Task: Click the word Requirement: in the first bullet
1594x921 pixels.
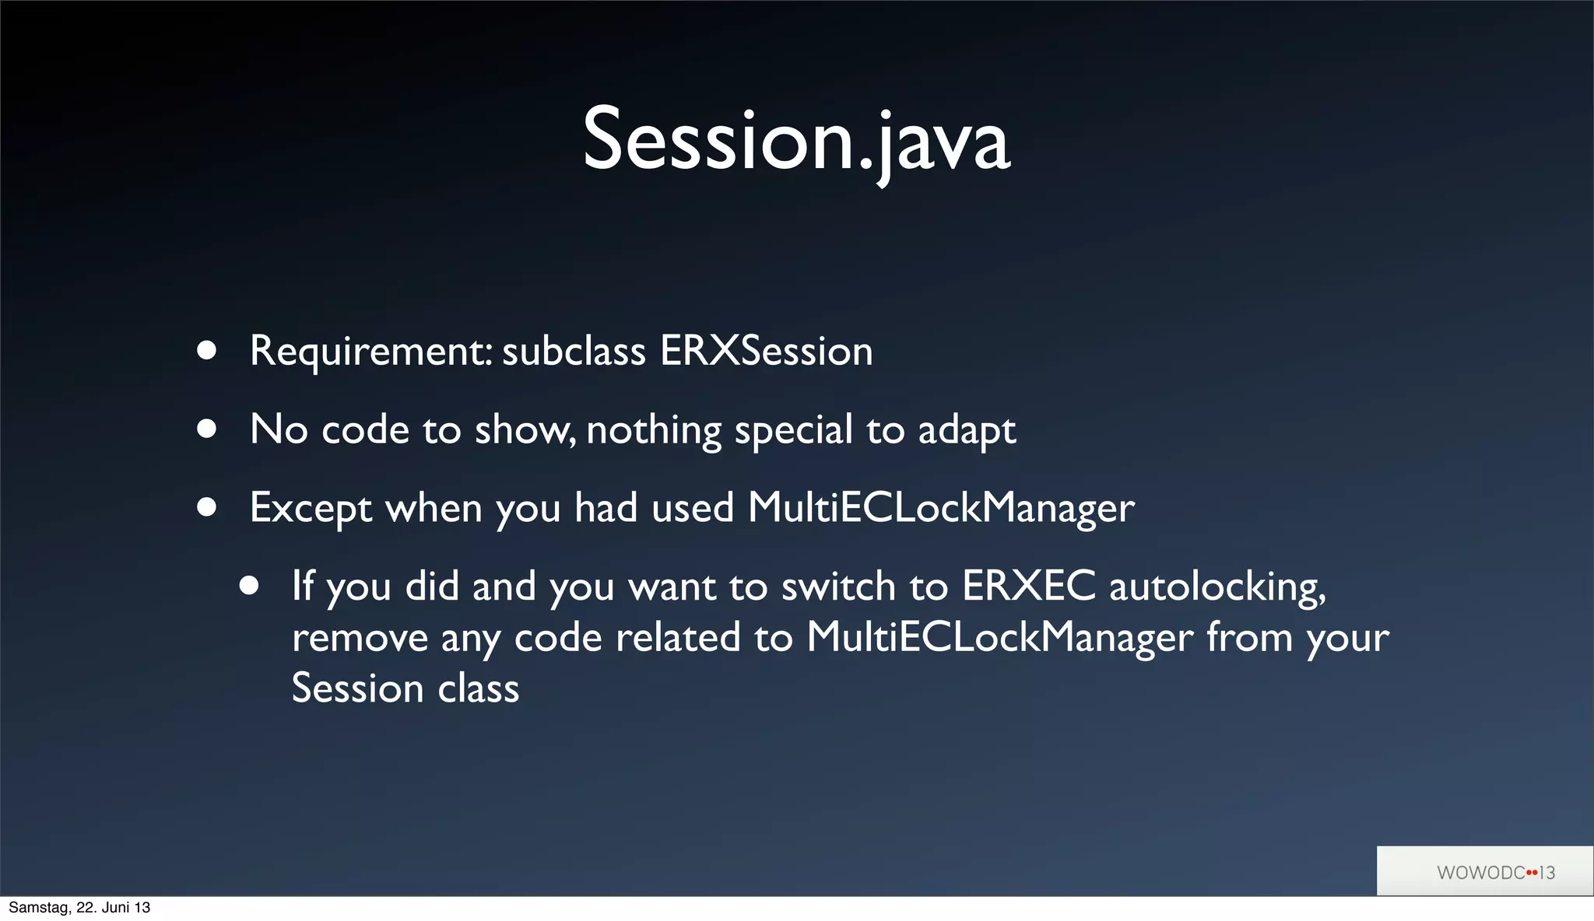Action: (370, 352)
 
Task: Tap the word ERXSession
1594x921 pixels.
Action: (767, 351)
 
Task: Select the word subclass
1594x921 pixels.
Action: (574, 351)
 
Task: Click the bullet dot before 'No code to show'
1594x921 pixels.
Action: (206, 429)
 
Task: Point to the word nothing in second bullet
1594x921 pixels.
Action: (654, 430)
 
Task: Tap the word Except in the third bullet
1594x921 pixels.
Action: (311, 509)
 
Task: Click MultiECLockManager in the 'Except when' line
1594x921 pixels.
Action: (941, 509)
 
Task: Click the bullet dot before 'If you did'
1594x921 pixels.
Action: (249, 585)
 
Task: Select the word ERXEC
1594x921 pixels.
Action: (1028, 586)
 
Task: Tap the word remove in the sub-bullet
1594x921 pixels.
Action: (360, 638)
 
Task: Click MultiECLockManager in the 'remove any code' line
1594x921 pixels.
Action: (999, 638)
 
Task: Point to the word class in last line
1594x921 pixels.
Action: (478, 689)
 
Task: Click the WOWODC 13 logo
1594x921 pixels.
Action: (1494, 872)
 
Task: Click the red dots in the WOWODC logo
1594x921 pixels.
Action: (1532, 873)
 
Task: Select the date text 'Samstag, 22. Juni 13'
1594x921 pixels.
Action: (79, 908)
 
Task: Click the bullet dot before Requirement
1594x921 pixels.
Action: (206, 350)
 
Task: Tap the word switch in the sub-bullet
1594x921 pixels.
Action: (838, 586)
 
